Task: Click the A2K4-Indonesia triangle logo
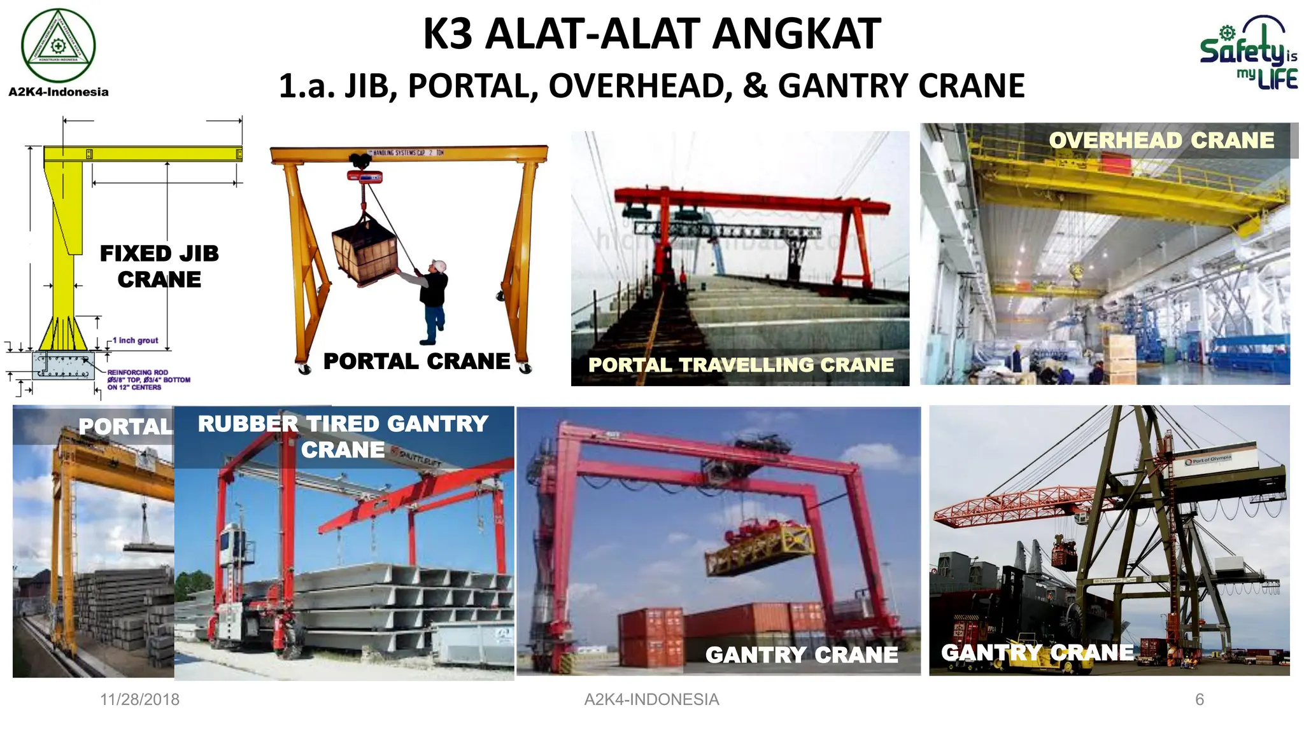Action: click(58, 45)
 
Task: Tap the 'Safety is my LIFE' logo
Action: click(1249, 53)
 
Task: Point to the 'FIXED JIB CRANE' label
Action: click(159, 267)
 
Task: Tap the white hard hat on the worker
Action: click(438, 265)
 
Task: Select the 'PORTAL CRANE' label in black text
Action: click(416, 361)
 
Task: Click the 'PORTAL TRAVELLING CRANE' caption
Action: click(741, 365)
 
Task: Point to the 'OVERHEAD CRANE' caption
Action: click(1161, 140)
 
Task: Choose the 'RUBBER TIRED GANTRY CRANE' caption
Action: click(343, 436)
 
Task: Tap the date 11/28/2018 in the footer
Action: click(139, 699)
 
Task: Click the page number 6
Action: click(1200, 699)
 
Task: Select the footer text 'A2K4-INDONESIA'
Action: click(651, 699)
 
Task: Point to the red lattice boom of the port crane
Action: click(1019, 506)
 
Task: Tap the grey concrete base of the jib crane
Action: click(64, 365)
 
